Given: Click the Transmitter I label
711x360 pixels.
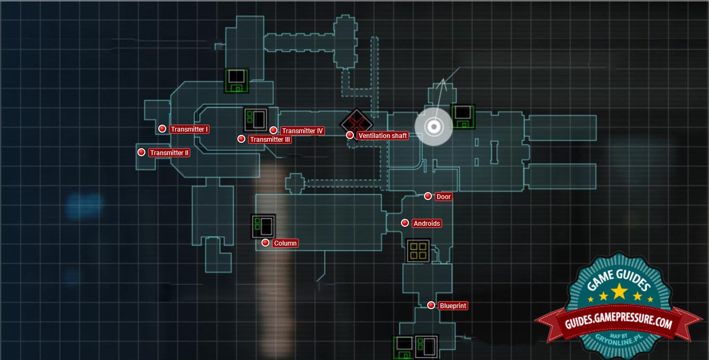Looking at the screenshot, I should (x=189, y=129).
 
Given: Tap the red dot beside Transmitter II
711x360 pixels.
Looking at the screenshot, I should (x=141, y=152).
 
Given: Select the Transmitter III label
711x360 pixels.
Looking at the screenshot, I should (x=270, y=140).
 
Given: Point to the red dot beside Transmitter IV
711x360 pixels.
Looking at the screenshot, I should (x=273, y=131).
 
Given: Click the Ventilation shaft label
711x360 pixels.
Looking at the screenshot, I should (x=383, y=136).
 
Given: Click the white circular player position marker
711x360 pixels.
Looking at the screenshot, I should (x=434, y=127).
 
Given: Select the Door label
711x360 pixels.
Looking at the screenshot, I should (x=444, y=197).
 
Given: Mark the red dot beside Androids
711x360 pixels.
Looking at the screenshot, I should (x=405, y=223).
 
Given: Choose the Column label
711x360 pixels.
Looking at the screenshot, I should (x=285, y=243).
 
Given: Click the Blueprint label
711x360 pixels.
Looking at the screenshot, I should (x=453, y=306).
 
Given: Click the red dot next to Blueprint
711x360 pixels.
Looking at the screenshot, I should (x=431, y=305).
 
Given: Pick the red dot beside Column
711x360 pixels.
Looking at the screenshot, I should (x=265, y=243).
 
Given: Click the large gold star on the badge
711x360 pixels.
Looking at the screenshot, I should (x=620, y=291).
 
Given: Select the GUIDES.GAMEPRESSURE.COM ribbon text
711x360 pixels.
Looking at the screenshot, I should (x=619, y=323).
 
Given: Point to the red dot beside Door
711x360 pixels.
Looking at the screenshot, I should (x=428, y=196).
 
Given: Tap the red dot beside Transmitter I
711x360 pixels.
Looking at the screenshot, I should (x=162, y=129).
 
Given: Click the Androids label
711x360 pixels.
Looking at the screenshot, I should (x=427, y=224).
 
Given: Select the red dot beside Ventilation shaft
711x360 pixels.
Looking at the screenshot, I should (x=350, y=135).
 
